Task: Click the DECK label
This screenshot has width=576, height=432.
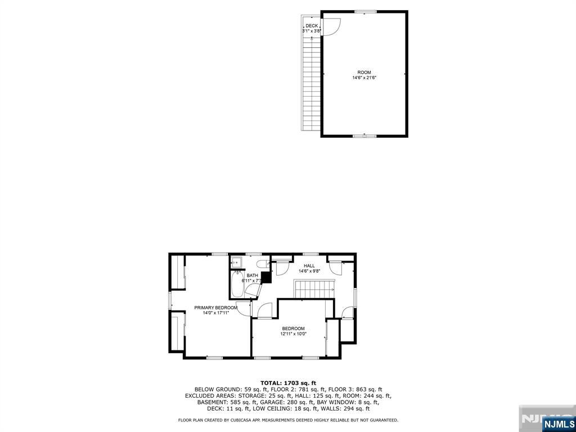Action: pos(312,26)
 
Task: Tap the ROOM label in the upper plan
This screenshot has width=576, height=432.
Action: pos(364,73)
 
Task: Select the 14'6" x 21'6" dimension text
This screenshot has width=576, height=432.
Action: pos(364,78)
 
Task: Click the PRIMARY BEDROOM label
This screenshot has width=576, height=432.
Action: pos(216,308)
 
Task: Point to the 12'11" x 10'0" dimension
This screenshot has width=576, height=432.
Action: pos(293,334)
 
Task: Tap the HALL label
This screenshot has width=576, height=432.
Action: pos(309,266)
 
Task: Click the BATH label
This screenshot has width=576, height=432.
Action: pos(252,276)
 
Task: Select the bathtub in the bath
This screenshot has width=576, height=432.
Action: pos(237,285)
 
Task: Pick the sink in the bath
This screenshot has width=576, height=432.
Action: pos(237,262)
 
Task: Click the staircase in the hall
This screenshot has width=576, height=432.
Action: pos(314,290)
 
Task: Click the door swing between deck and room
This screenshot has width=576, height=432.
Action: pos(331,26)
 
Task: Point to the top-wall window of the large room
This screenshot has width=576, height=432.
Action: pos(365,11)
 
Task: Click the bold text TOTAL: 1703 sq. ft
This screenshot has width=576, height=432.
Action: pos(288,382)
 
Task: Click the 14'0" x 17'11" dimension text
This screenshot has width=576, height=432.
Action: pos(216,313)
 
